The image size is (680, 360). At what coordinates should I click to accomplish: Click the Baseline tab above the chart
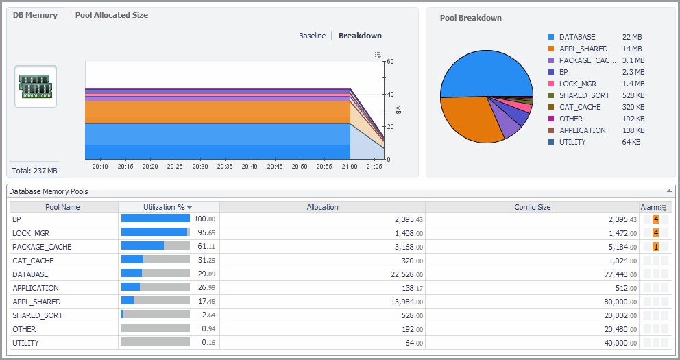coord(312,36)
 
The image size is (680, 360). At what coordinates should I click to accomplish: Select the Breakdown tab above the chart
coord(360,36)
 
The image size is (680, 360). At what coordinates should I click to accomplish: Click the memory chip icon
coord(36,86)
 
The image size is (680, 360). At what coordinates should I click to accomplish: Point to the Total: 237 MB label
coord(34,171)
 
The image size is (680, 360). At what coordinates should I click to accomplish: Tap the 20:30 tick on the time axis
coord(199,166)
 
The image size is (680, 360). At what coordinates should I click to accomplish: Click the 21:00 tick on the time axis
coord(350,166)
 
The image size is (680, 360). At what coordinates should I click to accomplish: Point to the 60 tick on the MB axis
coord(389,62)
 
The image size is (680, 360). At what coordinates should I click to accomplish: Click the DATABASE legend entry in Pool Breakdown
coord(576,37)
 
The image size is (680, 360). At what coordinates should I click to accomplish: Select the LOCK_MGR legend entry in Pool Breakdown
coord(577,84)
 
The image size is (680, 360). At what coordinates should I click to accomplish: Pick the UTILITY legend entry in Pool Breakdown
coord(572,142)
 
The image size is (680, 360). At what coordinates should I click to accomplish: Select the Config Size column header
coord(532,207)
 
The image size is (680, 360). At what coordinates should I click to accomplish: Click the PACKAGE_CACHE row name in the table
coord(42,247)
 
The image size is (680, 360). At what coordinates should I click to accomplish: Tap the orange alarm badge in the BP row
coord(656,219)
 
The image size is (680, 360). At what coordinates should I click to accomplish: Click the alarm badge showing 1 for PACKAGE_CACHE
coord(656,247)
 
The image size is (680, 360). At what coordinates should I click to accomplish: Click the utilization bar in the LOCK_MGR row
coord(155,233)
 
